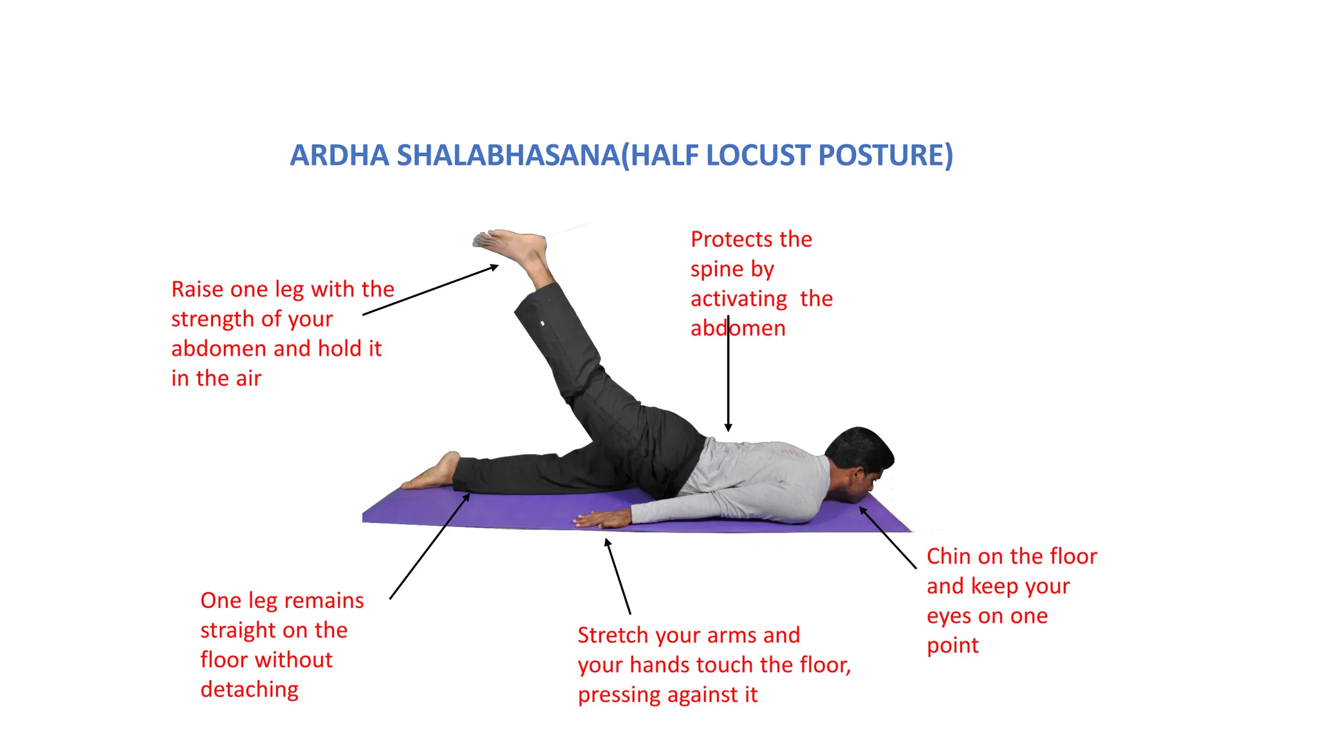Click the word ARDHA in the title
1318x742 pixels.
click(339, 155)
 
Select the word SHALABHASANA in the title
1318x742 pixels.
click(508, 155)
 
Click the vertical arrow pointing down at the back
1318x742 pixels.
click(728, 374)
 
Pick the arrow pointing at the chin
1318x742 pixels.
click(887, 538)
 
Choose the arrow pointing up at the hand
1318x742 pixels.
click(618, 576)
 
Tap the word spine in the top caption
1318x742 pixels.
click(717, 269)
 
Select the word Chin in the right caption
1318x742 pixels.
click(949, 556)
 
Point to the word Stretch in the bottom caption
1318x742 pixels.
click(613, 635)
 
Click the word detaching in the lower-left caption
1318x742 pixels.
click(249, 690)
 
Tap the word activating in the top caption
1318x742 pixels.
click(738, 299)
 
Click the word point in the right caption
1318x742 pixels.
click(952, 645)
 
